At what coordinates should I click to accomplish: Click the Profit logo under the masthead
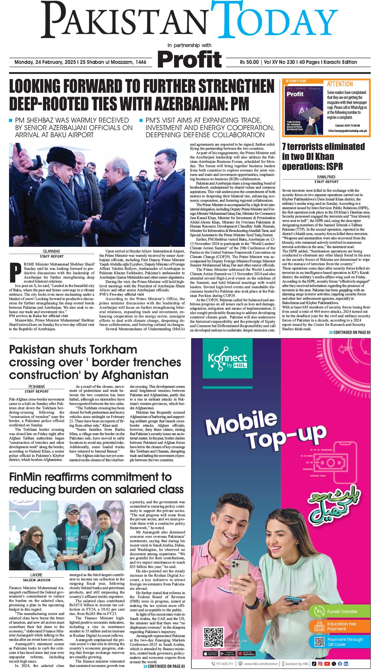tap(189, 59)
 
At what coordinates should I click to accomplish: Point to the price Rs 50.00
tap(249, 62)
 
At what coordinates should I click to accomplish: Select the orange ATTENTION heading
tap(340, 84)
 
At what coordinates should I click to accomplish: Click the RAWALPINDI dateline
tap(326, 177)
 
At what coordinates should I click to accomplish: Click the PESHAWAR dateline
tap(36, 387)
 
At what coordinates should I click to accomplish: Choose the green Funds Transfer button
tap(339, 611)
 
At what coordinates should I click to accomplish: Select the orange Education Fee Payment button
tap(339, 626)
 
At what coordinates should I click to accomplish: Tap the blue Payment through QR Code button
tap(339, 642)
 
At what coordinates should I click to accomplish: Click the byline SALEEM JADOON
tap(36, 580)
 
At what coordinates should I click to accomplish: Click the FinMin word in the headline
tap(27, 477)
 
